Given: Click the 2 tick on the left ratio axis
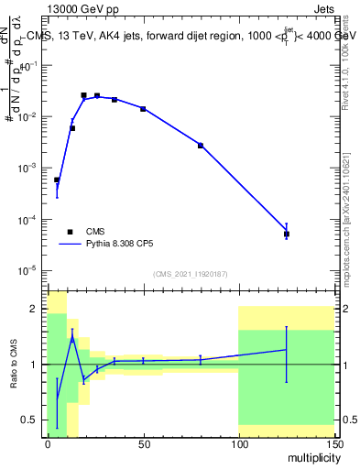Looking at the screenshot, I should tap(35, 309).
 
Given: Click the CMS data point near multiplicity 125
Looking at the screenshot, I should tap(287, 234).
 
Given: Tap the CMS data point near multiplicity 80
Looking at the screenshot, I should tap(201, 146).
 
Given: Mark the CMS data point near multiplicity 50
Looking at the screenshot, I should tap(143, 109).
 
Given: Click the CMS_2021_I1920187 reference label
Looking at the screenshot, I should tap(190, 273).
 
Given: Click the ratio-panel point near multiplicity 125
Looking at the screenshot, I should tap(287, 349).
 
